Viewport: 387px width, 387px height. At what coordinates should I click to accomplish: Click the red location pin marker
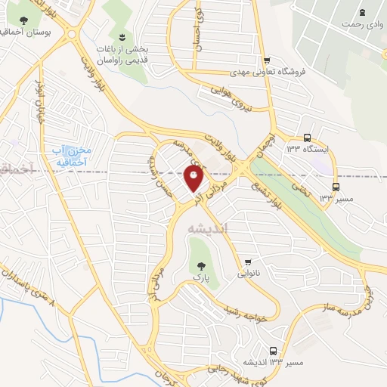tap(193, 178)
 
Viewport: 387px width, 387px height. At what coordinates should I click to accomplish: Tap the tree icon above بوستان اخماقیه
tap(25, 20)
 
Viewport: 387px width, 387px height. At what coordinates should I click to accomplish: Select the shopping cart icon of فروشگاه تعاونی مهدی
tap(266, 60)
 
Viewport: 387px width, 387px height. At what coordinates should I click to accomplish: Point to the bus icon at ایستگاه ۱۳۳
tap(307, 138)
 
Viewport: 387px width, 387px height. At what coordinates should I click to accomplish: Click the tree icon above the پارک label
tap(200, 265)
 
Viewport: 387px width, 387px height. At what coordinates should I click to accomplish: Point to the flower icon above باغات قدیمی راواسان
tap(120, 36)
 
